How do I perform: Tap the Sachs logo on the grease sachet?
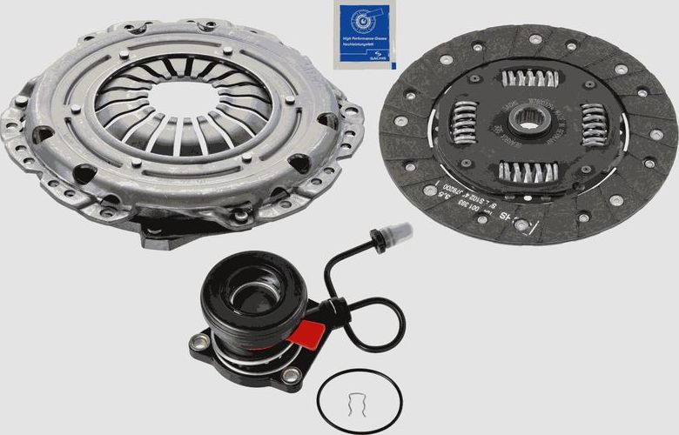(x=360, y=23)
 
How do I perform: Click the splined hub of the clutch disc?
(x=527, y=121)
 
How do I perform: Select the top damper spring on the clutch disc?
(x=528, y=79)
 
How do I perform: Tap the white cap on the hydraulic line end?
(x=400, y=232)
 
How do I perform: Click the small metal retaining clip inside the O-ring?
(x=359, y=403)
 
